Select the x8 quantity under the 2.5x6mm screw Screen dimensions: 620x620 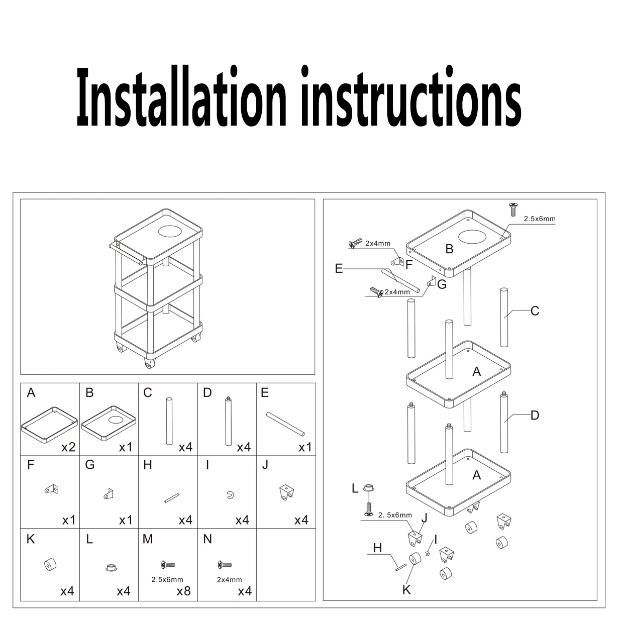pos(183,591)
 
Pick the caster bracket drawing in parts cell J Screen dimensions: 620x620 pos(286,492)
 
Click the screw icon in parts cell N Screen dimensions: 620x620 pos(225,565)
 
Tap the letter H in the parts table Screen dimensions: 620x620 pos(147,465)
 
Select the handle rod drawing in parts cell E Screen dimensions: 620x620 pos(286,425)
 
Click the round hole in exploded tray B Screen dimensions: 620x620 pos(473,236)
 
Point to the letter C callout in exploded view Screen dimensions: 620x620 pos(535,311)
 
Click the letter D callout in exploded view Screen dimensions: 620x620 pos(535,415)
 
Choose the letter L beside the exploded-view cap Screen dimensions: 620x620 pos(355,488)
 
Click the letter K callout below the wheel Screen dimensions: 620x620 pos(406,589)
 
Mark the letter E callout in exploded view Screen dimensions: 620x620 pos(339,269)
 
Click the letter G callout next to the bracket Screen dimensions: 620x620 pos(442,284)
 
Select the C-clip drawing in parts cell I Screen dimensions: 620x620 pos(229,495)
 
